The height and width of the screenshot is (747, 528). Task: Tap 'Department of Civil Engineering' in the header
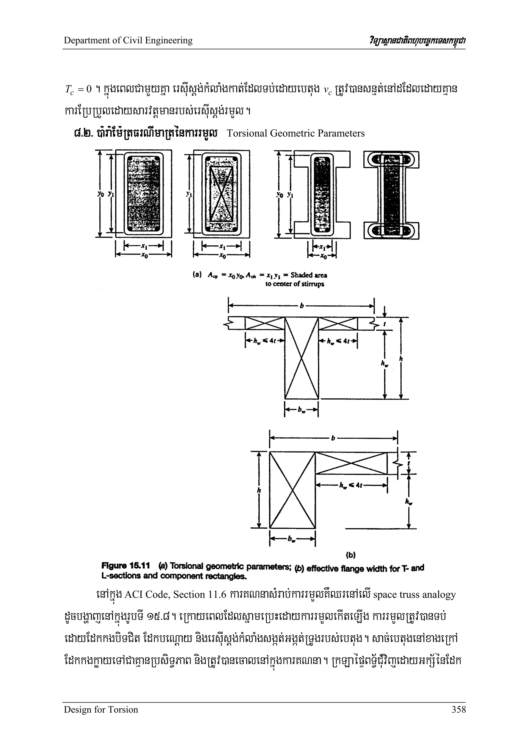tap(128, 40)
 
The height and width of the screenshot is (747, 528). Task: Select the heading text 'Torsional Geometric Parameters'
tap(295, 133)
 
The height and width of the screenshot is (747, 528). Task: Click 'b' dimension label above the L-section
tap(333, 439)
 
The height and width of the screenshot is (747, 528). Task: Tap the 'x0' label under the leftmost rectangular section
tap(144, 256)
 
